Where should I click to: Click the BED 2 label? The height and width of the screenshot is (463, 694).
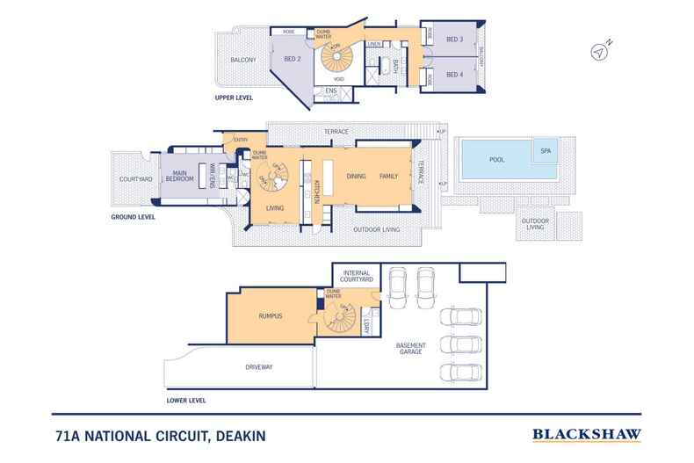pyautogui.click(x=293, y=59)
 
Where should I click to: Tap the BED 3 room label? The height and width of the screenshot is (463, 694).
pyautogui.click(x=453, y=40)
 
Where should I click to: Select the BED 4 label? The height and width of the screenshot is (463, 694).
pyautogui.click(x=453, y=75)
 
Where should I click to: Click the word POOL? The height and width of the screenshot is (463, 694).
pyautogui.click(x=496, y=161)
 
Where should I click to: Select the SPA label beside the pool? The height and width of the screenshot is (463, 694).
pyautogui.click(x=546, y=149)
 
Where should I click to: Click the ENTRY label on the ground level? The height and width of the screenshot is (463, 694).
pyautogui.click(x=240, y=139)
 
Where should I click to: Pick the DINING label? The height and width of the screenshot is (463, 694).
pyautogui.click(x=355, y=176)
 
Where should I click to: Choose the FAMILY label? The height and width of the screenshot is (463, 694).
pyautogui.click(x=388, y=176)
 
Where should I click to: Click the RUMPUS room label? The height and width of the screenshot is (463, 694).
pyautogui.click(x=269, y=315)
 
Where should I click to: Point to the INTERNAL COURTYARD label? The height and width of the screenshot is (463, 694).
pyautogui.click(x=358, y=276)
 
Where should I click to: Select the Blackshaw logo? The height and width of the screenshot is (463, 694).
pyautogui.click(x=587, y=434)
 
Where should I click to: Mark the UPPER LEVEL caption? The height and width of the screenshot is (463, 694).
pyautogui.click(x=235, y=98)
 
